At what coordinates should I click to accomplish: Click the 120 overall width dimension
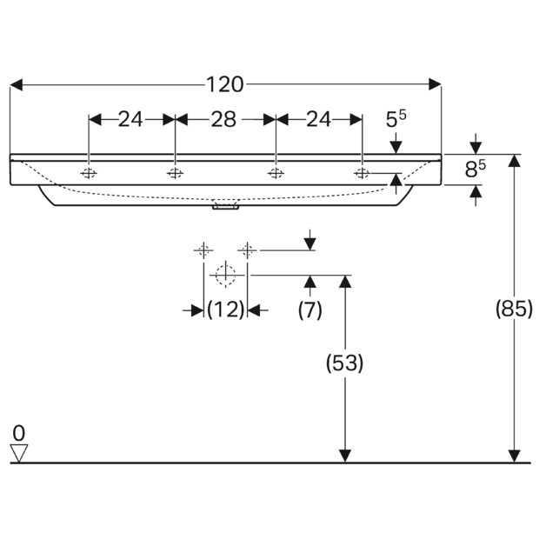point(225,84)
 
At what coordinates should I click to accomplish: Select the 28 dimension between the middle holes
point(224,119)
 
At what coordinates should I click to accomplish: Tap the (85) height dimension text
point(514,308)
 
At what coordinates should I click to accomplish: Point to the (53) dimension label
point(344,363)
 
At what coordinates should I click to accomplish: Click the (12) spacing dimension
point(225,309)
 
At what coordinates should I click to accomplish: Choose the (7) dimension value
point(310,309)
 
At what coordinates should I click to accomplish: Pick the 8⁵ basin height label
point(474,170)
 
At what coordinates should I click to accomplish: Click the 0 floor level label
point(19,431)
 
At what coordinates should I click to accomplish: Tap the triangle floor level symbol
point(19,452)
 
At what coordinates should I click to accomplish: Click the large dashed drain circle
point(225,275)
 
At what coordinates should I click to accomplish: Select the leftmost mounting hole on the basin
point(89,172)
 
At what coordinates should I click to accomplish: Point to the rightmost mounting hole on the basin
point(362,172)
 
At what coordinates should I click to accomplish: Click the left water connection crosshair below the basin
point(203,250)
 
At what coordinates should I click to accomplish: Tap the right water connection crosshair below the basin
point(248,250)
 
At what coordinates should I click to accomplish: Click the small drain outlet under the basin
point(225,207)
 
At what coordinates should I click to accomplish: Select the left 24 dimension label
point(130,119)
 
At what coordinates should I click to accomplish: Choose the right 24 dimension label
point(318,119)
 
